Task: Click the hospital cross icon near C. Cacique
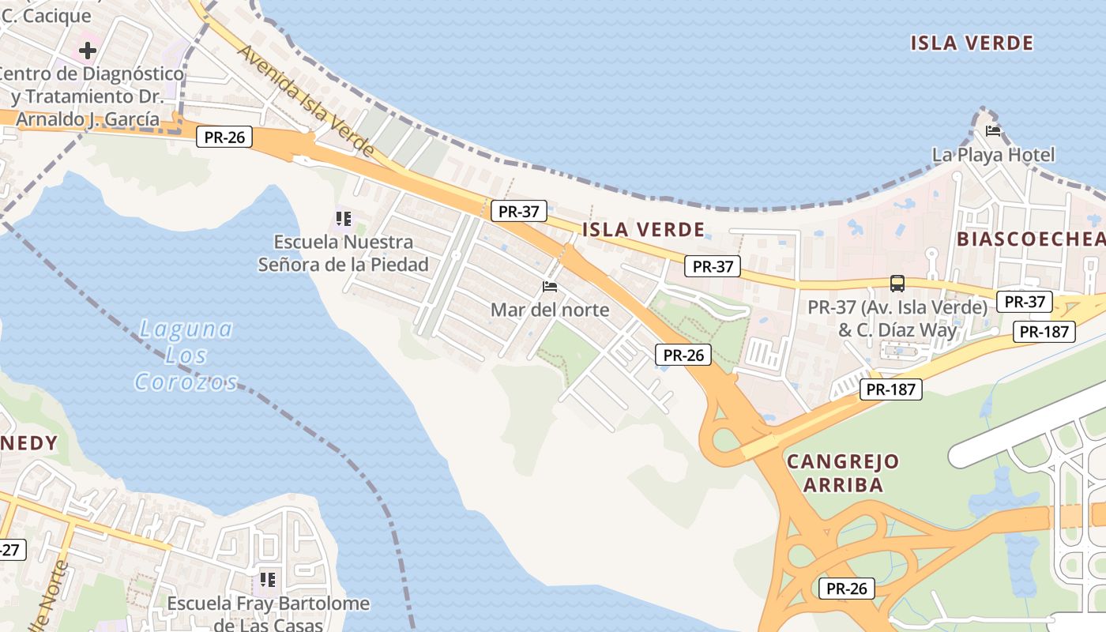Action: click(87, 51)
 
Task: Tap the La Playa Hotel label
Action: click(993, 155)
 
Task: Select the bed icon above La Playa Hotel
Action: click(993, 130)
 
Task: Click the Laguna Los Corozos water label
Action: click(186, 355)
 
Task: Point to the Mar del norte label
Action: click(550, 310)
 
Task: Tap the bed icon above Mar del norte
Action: click(550, 286)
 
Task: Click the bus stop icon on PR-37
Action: click(897, 284)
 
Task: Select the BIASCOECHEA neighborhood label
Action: click(1030, 239)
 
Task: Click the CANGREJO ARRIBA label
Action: click(843, 472)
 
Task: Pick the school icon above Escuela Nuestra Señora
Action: click(343, 218)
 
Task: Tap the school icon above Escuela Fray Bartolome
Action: click(268, 581)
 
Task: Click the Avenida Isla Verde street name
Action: click(305, 100)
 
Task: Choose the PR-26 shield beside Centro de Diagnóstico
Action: click(224, 137)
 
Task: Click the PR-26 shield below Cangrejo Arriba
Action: click(847, 589)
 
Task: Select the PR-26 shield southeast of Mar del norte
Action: click(683, 355)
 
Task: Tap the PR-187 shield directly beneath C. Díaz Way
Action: click(890, 389)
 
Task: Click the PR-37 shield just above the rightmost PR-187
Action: click(1025, 301)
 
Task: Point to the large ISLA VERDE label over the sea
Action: click(972, 43)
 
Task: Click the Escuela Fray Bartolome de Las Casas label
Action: click(268, 614)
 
